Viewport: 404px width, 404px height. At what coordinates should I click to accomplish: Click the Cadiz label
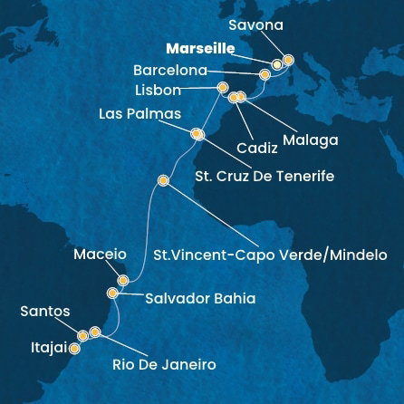tap(256, 147)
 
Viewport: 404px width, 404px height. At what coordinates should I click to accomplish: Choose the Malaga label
tap(310, 140)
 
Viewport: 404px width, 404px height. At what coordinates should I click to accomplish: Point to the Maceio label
tap(100, 255)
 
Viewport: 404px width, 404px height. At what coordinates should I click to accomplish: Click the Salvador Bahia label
tap(199, 297)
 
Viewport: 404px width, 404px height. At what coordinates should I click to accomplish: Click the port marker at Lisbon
tap(222, 87)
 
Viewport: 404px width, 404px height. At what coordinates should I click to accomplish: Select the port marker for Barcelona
tap(265, 72)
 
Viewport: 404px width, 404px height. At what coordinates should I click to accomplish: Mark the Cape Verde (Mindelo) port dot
tap(163, 181)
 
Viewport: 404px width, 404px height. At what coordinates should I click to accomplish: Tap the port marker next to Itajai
tap(74, 346)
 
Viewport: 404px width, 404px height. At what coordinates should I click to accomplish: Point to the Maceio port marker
tap(122, 281)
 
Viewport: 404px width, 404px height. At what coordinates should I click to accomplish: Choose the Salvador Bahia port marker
tap(111, 293)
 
